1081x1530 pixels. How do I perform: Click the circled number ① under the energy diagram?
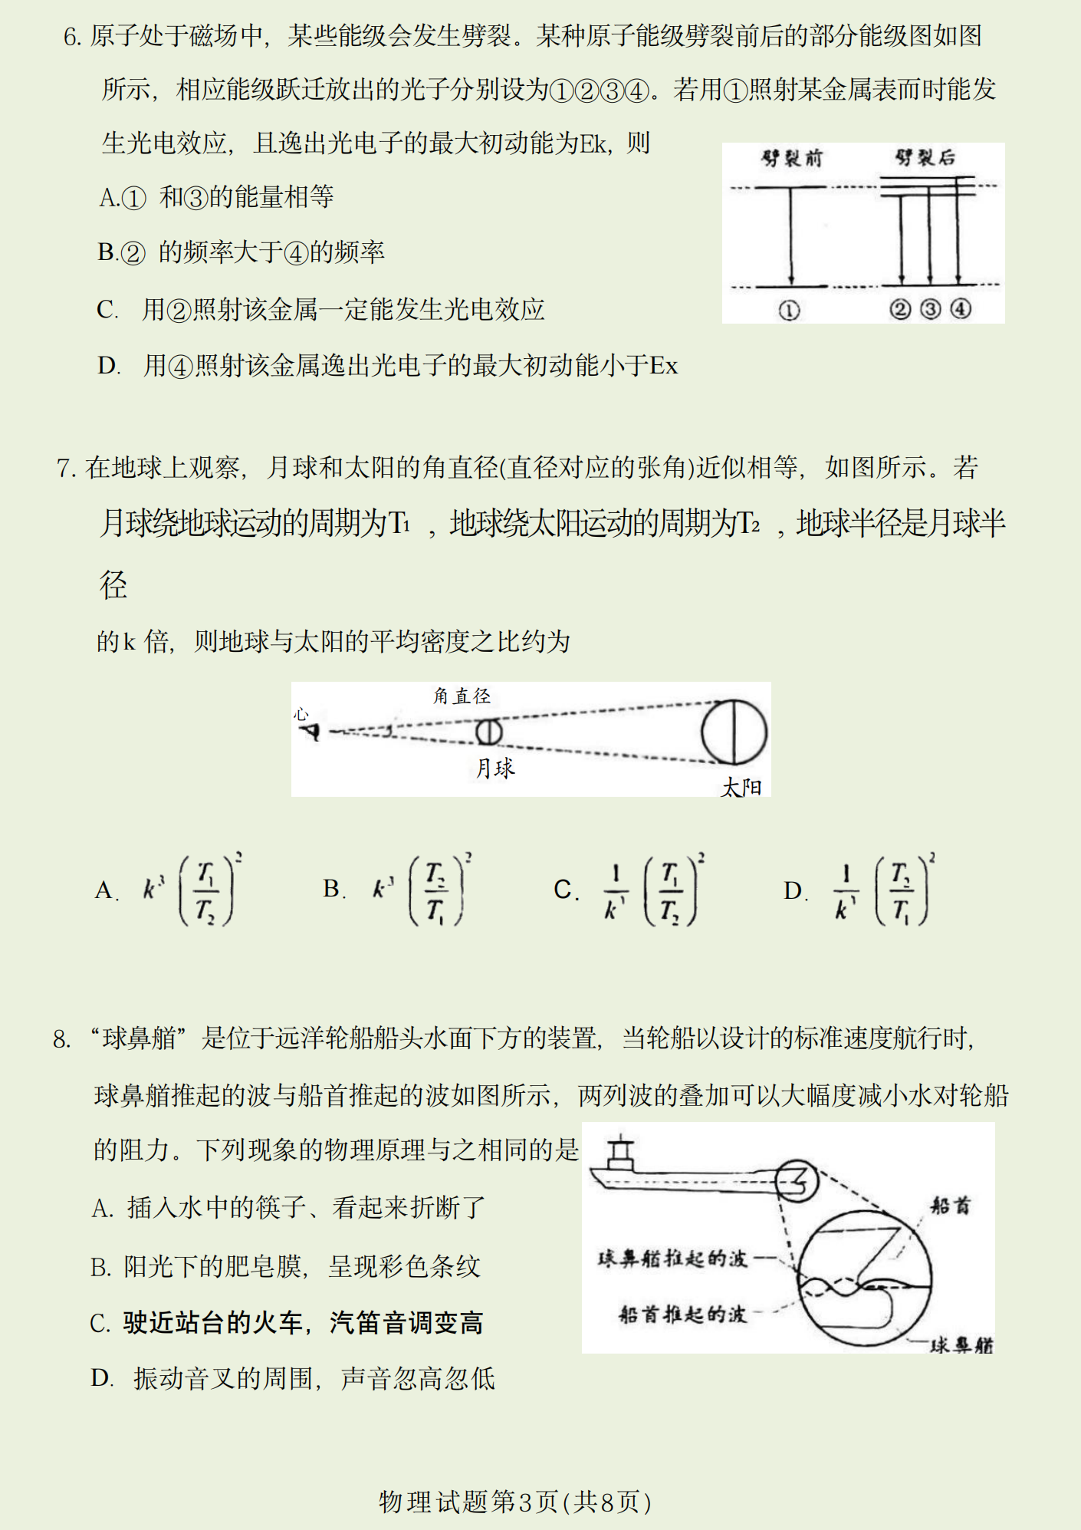pyautogui.click(x=789, y=310)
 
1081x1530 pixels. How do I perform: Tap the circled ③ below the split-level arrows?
pyautogui.click(x=930, y=309)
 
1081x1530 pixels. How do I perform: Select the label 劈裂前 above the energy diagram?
pyautogui.click(x=790, y=159)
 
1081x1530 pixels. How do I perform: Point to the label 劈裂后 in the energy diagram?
pyautogui.click(x=925, y=158)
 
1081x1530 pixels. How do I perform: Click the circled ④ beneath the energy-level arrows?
pyautogui.click(x=961, y=309)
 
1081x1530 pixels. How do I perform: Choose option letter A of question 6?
pyautogui.click(x=108, y=198)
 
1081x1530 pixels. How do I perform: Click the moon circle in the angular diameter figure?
pyautogui.click(x=488, y=732)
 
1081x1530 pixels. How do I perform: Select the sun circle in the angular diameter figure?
pyautogui.click(x=734, y=732)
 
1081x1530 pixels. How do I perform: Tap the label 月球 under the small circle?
pyautogui.click(x=495, y=768)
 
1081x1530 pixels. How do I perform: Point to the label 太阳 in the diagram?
pyautogui.click(x=741, y=787)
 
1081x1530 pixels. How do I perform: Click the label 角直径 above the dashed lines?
pyautogui.click(x=462, y=696)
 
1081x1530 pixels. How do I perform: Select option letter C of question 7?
pyautogui.click(x=564, y=890)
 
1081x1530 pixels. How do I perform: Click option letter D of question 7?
pyautogui.click(x=793, y=890)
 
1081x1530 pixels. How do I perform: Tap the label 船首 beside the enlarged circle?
pyautogui.click(x=951, y=1206)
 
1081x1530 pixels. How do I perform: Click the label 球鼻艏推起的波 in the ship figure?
pyautogui.click(x=672, y=1259)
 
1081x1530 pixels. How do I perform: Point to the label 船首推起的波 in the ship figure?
pyautogui.click(x=682, y=1314)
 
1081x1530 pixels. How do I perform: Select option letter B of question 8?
pyautogui.click(x=100, y=1267)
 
